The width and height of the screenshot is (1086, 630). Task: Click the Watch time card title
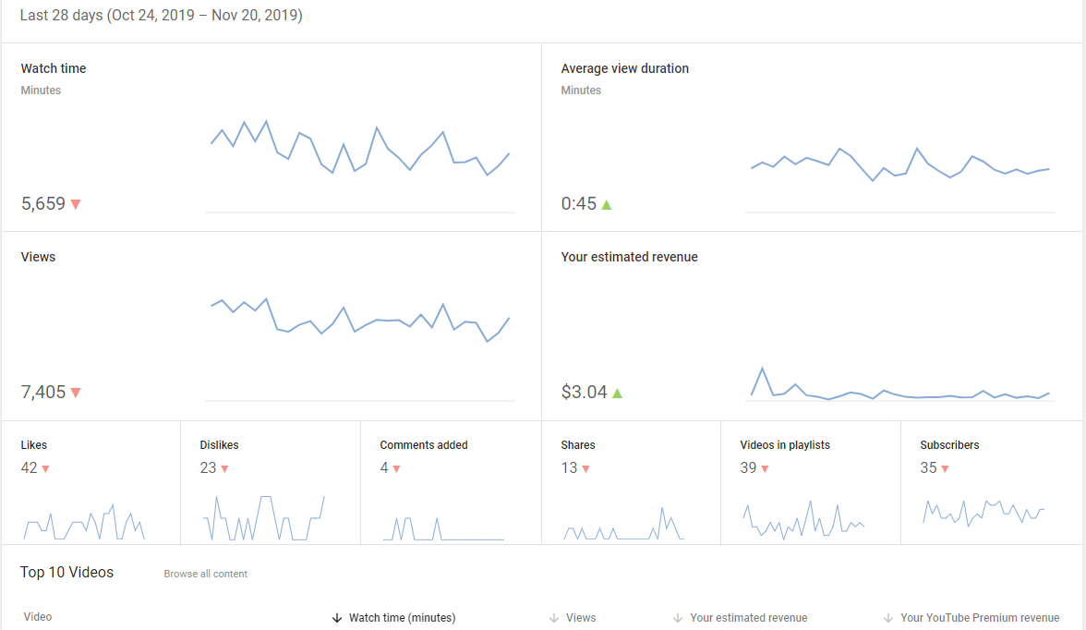[x=54, y=68]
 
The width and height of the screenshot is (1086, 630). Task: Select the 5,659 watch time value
[x=42, y=204]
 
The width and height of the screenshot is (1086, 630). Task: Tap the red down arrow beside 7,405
[x=76, y=393]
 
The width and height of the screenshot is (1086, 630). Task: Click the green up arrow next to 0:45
[x=607, y=204]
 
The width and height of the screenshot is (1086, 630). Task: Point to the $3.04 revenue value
[x=584, y=393]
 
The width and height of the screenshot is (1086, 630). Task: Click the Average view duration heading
[x=624, y=68]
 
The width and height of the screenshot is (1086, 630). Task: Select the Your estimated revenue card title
[x=629, y=257]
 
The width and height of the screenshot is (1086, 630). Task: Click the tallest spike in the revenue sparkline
[x=763, y=369]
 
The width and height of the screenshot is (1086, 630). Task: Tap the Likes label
[x=34, y=445]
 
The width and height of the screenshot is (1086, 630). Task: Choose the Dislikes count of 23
[x=208, y=467]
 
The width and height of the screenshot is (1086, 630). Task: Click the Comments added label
[x=424, y=445]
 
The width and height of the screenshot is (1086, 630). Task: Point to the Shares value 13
[x=569, y=467]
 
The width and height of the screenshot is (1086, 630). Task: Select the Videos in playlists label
[x=785, y=445]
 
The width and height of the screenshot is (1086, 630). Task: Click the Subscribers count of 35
[x=928, y=467]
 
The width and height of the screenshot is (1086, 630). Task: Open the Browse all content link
[x=206, y=574]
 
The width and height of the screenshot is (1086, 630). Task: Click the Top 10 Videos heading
[x=66, y=573]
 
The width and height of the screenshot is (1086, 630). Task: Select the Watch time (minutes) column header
[x=403, y=617]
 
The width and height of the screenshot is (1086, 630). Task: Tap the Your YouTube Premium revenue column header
[x=979, y=617]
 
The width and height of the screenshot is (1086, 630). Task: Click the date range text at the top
[x=162, y=16]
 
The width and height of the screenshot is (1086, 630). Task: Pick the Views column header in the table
[x=580, y=617]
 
